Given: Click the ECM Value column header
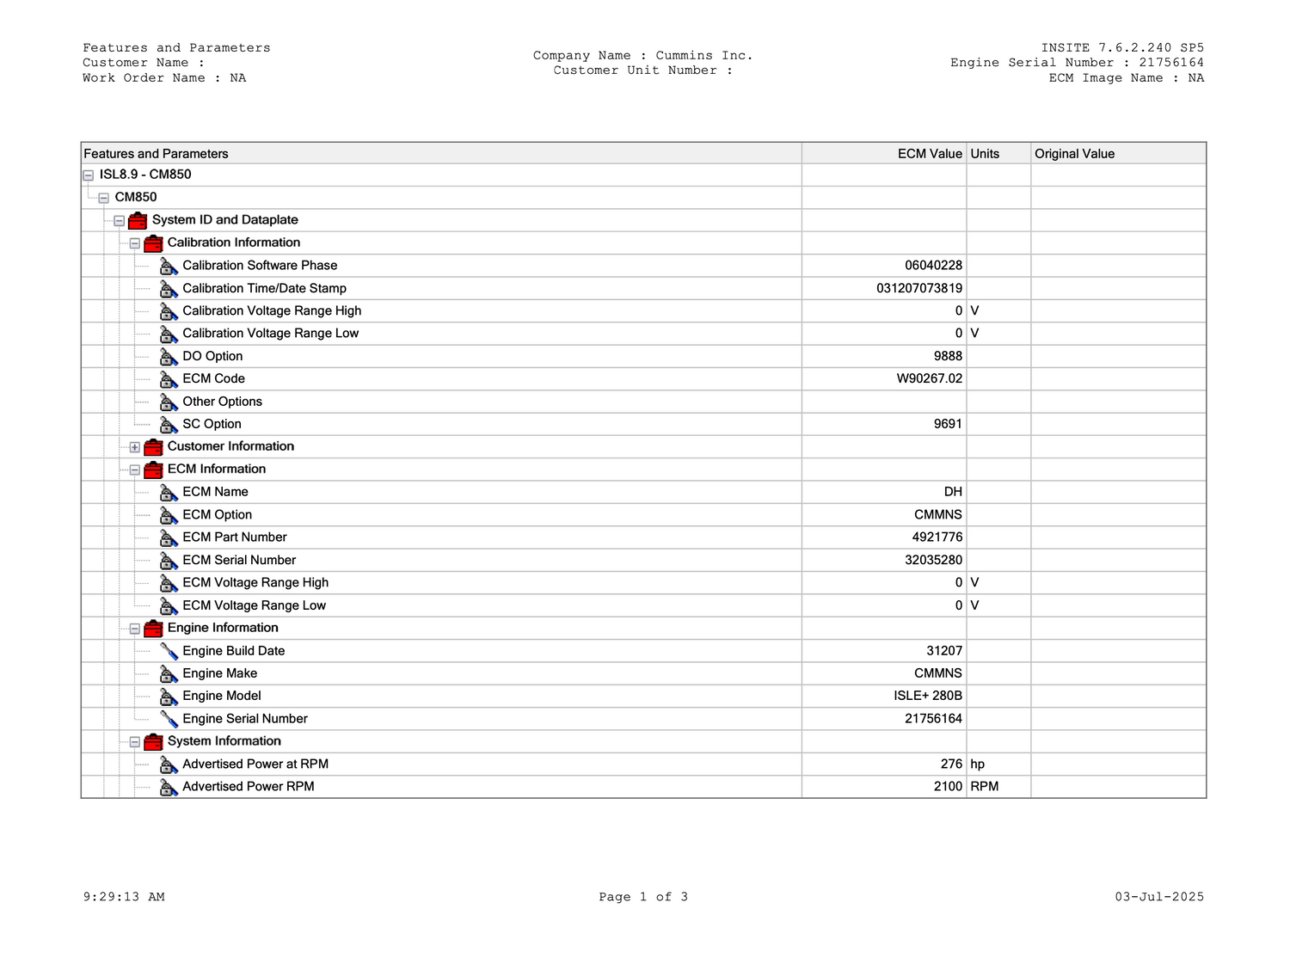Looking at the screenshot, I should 929,154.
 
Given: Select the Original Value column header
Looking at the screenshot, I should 1074,154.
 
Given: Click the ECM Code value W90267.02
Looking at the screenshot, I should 929,378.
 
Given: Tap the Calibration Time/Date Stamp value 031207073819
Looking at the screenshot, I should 919,288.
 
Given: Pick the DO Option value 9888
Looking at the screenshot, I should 948,356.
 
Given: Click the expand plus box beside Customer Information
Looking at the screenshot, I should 135,447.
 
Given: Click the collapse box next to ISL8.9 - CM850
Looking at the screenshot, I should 88,175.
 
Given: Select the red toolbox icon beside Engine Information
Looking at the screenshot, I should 153,629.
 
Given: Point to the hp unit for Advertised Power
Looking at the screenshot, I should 978,764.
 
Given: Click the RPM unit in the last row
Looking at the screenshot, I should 985,786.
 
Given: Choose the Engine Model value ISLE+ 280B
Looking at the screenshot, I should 928,696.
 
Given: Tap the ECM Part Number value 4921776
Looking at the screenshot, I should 937,537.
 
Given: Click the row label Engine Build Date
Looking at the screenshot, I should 233,651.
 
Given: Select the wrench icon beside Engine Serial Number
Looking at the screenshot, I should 169,719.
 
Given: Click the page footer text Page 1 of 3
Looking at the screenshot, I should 643,897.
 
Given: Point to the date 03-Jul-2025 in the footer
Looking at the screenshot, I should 1159,897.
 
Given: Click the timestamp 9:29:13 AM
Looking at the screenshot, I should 124,897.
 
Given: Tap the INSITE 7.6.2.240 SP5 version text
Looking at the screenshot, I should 1122,48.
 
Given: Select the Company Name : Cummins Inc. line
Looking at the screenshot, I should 642,56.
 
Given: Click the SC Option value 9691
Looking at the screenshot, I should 948,424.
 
